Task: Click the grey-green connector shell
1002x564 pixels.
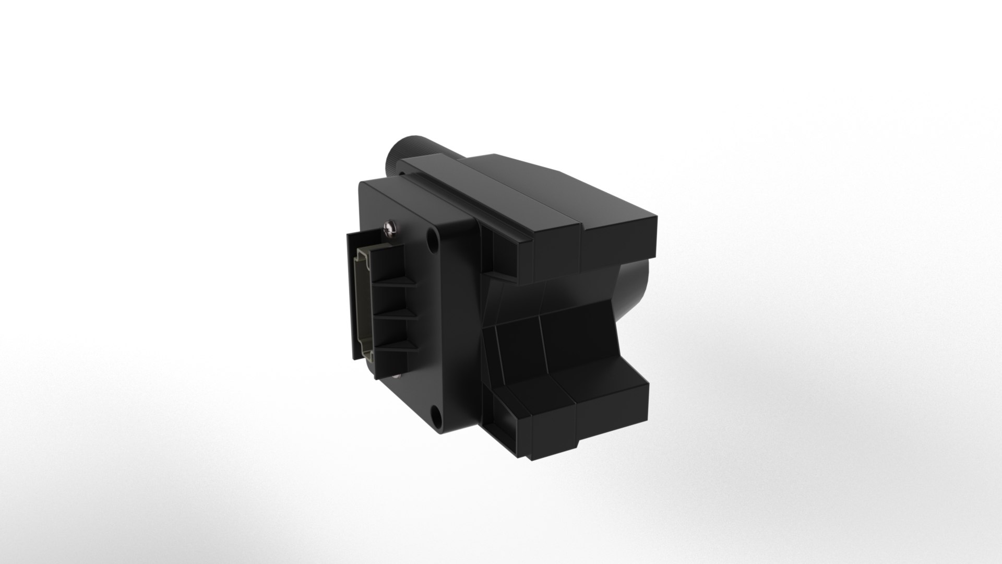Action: pos(363,303)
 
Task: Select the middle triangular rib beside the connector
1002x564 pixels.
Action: pos(399,313)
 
